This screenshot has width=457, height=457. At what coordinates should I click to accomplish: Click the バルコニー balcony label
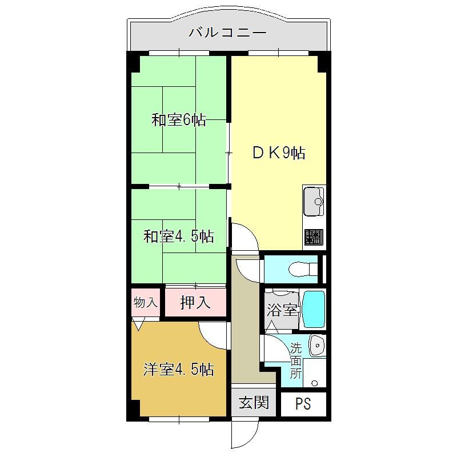coord(227,32)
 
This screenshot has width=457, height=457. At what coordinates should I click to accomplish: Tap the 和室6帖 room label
coord(179,120)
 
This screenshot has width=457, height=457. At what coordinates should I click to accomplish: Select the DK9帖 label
coord(279,153)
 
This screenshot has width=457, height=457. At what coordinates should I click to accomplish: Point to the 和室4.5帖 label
coord(179,236)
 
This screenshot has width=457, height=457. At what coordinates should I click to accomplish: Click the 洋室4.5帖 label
coord(179,369)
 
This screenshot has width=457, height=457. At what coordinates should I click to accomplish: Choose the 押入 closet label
coord(195,302)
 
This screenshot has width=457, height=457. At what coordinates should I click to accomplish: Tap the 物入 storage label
coord(146,302)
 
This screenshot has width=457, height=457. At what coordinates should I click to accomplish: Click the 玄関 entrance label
coord(254,403)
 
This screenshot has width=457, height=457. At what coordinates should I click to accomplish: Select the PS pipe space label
coord(303,404)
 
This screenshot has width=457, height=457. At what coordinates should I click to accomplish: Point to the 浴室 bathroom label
coord(282,310)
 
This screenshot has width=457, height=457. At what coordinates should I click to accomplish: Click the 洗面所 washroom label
coord(296,362)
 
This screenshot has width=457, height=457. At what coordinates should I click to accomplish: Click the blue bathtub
coord(314,309)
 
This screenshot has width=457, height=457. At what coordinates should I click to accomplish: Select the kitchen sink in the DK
coord(314,202)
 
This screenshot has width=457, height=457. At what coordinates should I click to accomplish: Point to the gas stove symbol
coord(314,236)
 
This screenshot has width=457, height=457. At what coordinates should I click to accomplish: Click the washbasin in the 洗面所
coord(318,346)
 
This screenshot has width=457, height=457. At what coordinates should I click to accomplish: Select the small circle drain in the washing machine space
coord(315,383)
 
